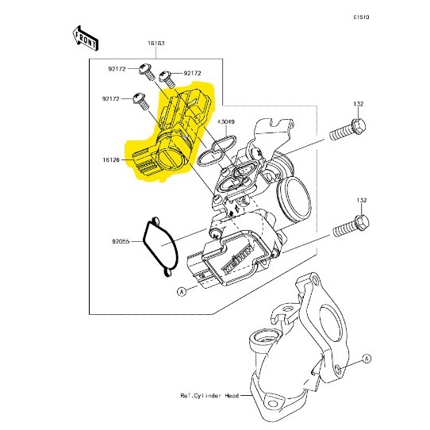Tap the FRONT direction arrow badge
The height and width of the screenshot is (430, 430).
(85, 36)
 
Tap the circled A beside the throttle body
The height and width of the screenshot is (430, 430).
(182, 292)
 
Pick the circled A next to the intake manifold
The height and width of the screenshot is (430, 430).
(367, 359)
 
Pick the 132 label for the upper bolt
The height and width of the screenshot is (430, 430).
(359, 104)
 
